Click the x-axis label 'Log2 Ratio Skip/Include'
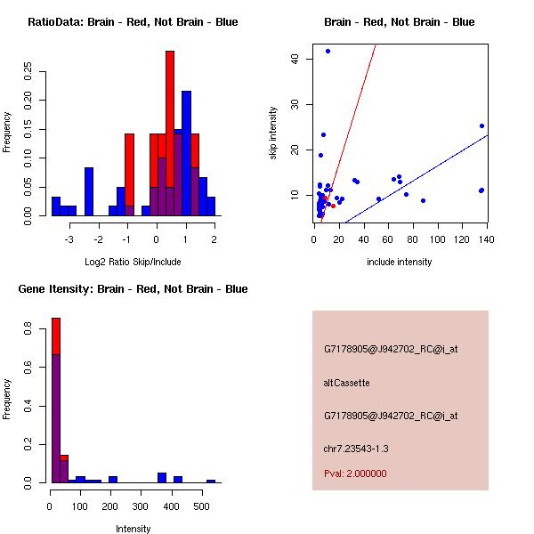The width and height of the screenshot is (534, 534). click(133, 262)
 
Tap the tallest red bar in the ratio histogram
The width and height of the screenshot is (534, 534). click(170, 133)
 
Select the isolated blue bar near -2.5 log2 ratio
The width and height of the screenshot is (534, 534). click(89, 191)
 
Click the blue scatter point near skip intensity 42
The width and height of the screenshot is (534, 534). click(328, 51)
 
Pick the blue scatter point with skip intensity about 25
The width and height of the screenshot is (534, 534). click(481, 125)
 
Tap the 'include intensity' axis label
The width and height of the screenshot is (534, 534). click(400, 262)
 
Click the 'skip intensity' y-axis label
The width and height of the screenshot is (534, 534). click(273, 133)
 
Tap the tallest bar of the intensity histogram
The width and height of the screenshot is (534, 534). click(55, 400)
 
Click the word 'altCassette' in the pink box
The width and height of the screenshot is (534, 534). click(346, 383)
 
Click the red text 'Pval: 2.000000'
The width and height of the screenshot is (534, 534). click(355, 473)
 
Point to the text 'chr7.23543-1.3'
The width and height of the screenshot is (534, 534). click(356, 448)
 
